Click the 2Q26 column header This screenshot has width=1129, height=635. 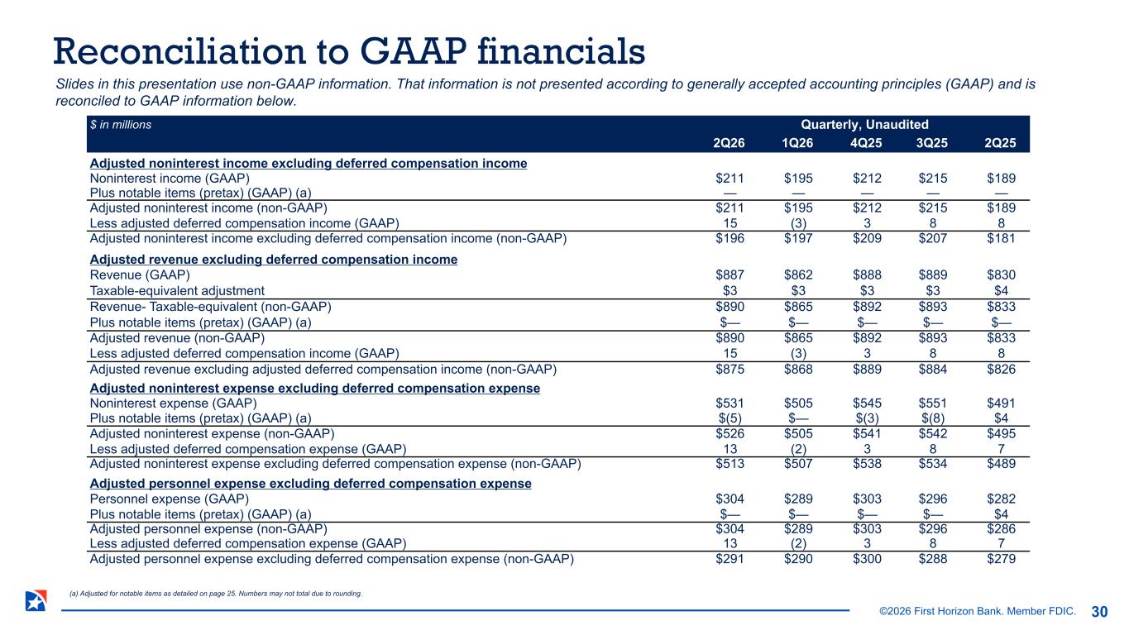click(x=729, y=143)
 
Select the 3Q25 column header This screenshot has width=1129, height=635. click(x=932, y=143)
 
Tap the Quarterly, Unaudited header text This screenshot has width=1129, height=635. click(x=864, y=125)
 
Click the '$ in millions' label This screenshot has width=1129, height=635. click(x=121, y=125)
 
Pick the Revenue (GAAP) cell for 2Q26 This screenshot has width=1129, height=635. click(x=730, y=275)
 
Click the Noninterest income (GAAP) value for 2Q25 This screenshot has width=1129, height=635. click(x=1001, y=179)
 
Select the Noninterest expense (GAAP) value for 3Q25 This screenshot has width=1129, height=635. click(x=932, y=403)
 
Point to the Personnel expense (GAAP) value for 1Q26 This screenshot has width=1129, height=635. click(x=798, y=499)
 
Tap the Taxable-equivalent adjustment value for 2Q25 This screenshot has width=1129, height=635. click(x=1001, y=291)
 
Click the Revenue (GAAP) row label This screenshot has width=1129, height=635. click(x=140, y=275)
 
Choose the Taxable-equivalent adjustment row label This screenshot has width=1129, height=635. click(x=177, y=291)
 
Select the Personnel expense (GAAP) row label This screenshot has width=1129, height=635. click(x=170, y=499)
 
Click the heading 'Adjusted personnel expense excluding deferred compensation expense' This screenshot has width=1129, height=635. click(x=310, y=484)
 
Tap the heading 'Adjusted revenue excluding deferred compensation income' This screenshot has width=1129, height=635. click(x=274, y=260)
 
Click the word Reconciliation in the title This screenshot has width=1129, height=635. click(x=179, y=51)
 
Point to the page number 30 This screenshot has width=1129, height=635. click(x=1099, y=612)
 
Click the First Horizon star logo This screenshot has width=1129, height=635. click(x=36, y=601)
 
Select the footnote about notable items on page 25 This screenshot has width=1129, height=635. click(x=216, y=594)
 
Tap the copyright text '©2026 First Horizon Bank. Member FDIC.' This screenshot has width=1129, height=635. click(x=978, y=611)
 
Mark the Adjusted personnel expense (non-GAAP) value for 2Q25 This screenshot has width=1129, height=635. click(x=1001, y=528)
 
